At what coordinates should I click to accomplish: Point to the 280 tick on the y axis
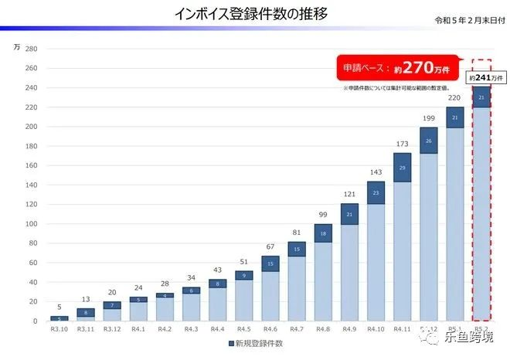coord(32,49)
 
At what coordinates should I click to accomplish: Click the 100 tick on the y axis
coord(32,224)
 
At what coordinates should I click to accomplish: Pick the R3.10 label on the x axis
coord(59,329)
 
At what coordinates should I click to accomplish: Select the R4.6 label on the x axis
coord(269,329)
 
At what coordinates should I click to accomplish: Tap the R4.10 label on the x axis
coord(376,329)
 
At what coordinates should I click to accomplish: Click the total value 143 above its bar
coord(376,172)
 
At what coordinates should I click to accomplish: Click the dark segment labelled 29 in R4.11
coord(402,167)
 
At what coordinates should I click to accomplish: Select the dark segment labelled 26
coord(429,141)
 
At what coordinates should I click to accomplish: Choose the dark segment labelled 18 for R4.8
coord(322,233)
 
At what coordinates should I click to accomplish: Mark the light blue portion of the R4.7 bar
coord(296,288)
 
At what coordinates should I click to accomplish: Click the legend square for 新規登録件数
coord(231,342)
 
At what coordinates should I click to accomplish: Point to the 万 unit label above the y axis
coord(17,47)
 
